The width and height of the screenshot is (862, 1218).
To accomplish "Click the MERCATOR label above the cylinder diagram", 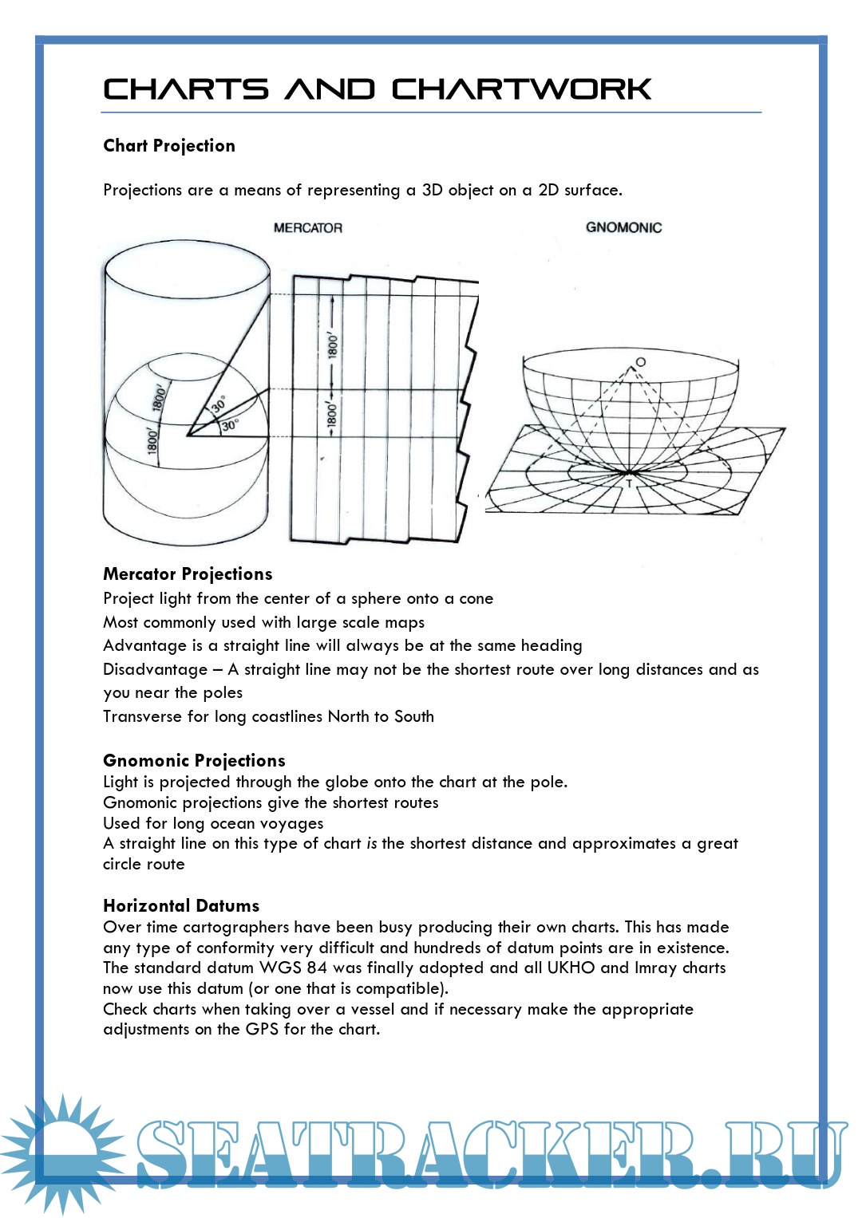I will (308, 228).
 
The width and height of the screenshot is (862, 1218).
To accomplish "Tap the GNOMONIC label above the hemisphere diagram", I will (623, 227).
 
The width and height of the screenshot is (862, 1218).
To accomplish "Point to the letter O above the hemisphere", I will (640, 362).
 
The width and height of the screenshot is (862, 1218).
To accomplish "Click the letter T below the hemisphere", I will (629, 483).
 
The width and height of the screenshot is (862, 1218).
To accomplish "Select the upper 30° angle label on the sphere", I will (218, 404).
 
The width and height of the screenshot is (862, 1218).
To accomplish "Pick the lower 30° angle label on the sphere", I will (229, 425).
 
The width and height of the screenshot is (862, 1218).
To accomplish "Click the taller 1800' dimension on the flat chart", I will (332, 345).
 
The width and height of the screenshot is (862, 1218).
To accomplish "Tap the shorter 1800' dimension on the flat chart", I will (332, 416).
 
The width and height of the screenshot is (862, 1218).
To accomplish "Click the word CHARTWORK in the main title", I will (521, 89).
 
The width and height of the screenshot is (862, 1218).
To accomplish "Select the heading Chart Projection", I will (169, 146).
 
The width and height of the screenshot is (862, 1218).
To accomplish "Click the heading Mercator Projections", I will (188, 574).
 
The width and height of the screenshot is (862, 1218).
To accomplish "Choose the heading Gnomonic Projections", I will (194, 761).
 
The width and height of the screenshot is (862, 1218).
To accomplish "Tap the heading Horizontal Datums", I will (181, 906).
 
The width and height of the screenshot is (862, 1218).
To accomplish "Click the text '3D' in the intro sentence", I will (432, 191).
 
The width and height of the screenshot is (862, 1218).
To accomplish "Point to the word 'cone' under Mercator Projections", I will (476, 599).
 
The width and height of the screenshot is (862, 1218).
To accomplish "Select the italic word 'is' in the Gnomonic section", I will (371, 844).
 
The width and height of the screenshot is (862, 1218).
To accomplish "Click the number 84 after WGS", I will (317, 968).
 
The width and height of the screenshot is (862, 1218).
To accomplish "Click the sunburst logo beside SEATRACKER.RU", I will (60, 1153).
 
